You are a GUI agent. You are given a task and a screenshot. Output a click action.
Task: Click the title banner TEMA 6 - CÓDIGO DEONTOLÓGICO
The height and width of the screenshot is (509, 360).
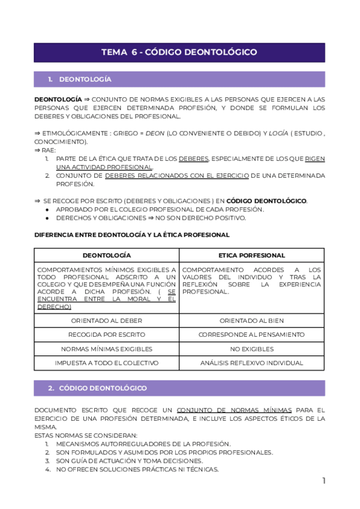[179, 52]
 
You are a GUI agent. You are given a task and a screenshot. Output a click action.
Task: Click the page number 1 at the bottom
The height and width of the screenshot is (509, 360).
[323, 480]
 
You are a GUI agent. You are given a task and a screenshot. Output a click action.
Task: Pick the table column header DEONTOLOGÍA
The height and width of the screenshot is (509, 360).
[106, 255]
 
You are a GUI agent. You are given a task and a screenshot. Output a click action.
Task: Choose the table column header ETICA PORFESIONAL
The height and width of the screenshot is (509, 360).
[251, 255]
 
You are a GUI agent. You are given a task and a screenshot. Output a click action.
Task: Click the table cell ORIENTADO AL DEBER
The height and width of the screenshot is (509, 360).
[106, 321]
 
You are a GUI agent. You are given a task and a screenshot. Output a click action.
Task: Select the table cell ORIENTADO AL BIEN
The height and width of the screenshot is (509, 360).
[251, 321]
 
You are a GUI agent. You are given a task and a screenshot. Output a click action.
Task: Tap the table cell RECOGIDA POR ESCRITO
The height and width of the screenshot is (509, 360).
[106, 334]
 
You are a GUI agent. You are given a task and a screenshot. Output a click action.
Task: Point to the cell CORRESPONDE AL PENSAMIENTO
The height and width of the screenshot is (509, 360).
[251, 334]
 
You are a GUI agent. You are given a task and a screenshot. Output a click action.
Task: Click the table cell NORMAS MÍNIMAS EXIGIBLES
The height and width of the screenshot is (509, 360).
[106, 349]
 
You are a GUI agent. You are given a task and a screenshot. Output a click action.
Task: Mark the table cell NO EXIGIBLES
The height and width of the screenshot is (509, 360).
[251, 349]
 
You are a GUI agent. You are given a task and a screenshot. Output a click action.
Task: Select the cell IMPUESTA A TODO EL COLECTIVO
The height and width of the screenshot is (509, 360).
[106, 363]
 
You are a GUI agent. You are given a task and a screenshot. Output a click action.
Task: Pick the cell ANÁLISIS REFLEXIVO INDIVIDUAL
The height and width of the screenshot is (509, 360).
[251, 363]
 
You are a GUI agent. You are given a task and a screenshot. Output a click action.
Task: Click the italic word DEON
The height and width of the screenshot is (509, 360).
[155, 134]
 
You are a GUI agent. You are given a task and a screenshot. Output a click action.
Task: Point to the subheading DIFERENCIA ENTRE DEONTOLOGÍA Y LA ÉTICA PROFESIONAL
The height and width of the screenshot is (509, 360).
[132, 235]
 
